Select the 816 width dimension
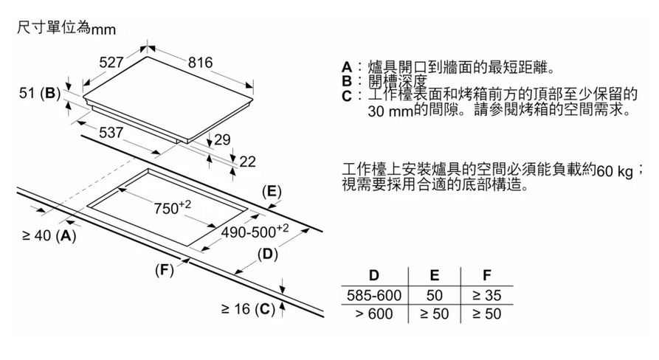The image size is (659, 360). tap(201, 63)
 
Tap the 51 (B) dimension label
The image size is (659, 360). tap(38, 94)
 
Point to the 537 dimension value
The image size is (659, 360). tap(111, 134)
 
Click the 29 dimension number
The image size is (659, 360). tap(223, 139)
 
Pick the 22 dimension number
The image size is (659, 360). tap(248, 161)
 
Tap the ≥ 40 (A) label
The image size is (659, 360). tap(46, 236)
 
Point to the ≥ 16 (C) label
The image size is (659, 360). tap(248, 309)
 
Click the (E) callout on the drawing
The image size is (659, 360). tap(272, 191)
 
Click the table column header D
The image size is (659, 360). tap(374, 276)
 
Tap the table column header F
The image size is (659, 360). tap(486, 276)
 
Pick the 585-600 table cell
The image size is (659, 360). tap(374, 295)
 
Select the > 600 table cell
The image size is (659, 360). tap(374, 314)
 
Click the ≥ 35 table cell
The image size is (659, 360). tap(486, 295)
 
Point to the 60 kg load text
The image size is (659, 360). tap(616, 171)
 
